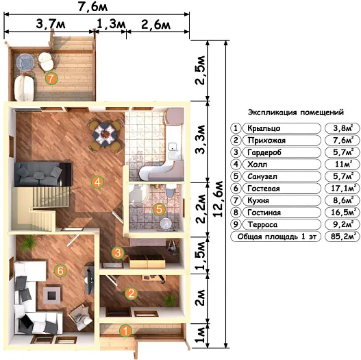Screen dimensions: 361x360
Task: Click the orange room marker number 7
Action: (51, 78)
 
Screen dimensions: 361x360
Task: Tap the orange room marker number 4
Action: (97, 182)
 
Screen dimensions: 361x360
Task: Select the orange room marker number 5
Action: (159, 209)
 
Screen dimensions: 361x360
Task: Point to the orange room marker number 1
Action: (125, 331)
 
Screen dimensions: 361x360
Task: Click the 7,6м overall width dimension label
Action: (92, 7)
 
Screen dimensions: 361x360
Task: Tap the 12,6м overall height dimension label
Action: (218, 199)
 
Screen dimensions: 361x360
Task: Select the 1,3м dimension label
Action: (111, 24)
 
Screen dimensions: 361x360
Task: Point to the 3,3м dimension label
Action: (200, 139)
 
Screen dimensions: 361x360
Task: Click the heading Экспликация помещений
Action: (296, 112)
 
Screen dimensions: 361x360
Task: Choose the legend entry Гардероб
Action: (264, 152)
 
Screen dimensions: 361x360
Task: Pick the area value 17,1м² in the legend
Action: (342, 188)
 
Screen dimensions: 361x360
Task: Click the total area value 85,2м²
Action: (342, 237)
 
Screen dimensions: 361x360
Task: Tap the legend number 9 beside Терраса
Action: (236, 224)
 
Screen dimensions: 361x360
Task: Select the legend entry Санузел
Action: (262, 176)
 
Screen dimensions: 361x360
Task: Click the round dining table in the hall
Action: (105, 135)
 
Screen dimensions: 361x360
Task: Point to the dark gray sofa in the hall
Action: (42, 174)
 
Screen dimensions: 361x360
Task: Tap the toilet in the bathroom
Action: (170, 191)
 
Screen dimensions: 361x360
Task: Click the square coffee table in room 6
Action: (52, 295)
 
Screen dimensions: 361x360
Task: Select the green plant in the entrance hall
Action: (170, 300)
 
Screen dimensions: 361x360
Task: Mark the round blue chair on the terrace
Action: (25, 62)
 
